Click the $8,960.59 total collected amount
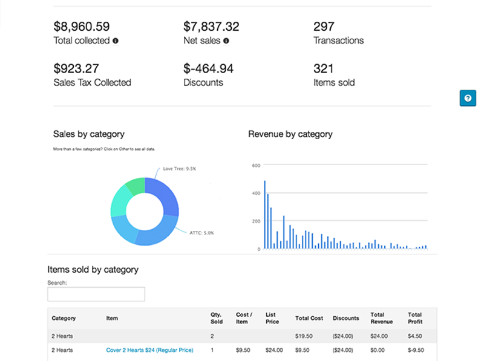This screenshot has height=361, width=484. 81,27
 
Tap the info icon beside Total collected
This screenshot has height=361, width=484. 116,41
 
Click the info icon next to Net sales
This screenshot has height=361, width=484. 226,41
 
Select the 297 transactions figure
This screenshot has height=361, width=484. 324,27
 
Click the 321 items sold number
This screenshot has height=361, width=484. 324,69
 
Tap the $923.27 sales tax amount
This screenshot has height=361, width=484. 76,69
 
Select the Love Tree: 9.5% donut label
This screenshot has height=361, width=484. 179,169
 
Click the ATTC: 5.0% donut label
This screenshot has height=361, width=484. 201,233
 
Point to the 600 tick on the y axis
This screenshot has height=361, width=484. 256,165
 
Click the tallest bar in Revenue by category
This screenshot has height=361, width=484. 265,215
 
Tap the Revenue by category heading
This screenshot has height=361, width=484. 290,134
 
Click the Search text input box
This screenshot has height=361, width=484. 96,294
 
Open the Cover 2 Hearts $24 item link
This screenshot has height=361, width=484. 149,350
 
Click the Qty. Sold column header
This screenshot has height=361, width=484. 217,318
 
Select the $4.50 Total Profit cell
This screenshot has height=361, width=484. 415,336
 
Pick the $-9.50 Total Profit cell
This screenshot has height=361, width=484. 415,350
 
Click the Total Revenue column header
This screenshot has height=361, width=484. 378,318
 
